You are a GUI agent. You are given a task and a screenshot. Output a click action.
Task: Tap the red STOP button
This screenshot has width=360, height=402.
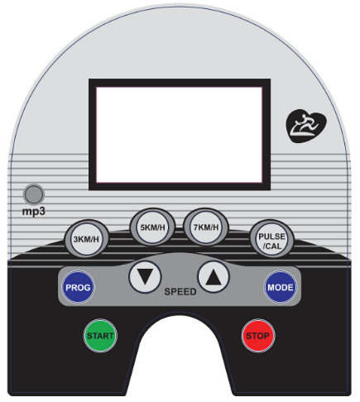coord(258,336)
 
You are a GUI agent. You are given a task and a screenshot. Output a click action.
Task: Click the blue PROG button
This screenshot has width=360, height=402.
coord(78,287)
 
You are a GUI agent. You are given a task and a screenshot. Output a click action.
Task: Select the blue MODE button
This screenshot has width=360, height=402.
coord(281,287)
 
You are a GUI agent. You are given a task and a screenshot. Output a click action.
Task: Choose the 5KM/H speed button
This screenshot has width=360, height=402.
coord(152,227)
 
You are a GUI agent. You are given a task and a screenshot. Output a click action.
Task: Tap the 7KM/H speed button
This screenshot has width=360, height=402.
coord(206,227)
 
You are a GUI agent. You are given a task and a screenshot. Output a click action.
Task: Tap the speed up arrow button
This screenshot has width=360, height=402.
coord(214,277)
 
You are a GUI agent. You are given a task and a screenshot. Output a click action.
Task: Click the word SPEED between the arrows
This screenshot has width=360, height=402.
coord(180,291)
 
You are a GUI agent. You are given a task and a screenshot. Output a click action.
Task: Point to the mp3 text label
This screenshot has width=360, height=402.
coord(33,212)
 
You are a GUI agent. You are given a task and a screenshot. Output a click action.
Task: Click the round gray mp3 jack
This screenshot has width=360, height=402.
coord(34,194)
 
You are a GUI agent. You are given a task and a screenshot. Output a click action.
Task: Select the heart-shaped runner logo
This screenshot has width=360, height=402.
coord(306,126)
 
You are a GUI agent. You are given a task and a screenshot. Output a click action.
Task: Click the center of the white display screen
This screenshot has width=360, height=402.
coord(180,135)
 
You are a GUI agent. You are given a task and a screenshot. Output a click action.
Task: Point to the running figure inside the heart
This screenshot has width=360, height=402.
coord(305,126)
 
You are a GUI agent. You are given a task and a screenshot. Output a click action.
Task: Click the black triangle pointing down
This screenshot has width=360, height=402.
coord(145,276)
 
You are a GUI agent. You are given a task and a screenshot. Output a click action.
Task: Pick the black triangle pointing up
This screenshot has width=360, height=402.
coord(214,277)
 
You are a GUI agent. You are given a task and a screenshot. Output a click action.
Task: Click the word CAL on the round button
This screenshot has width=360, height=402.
coord(273,246)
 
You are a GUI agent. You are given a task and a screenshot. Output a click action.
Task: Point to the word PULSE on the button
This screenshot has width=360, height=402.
coord(271,237)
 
